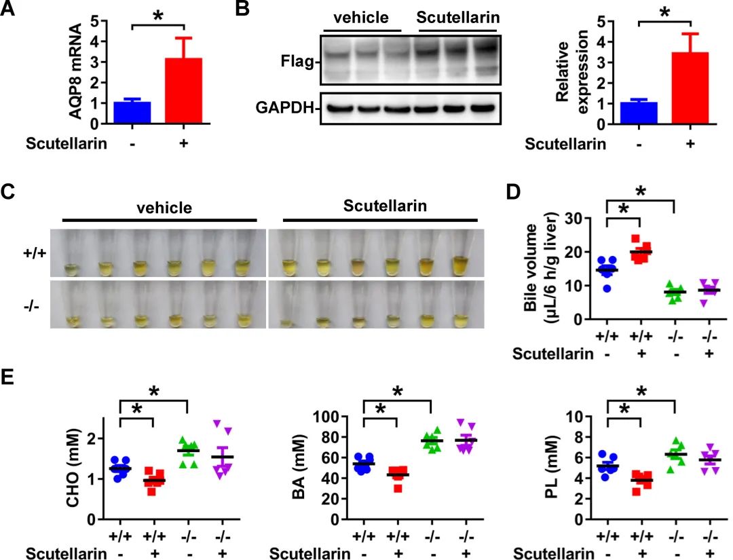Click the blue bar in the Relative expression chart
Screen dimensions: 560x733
[x=639, y=113]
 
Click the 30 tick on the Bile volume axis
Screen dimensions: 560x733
[x=574, y=219]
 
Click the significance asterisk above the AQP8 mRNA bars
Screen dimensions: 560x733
[x=158, y=16]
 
